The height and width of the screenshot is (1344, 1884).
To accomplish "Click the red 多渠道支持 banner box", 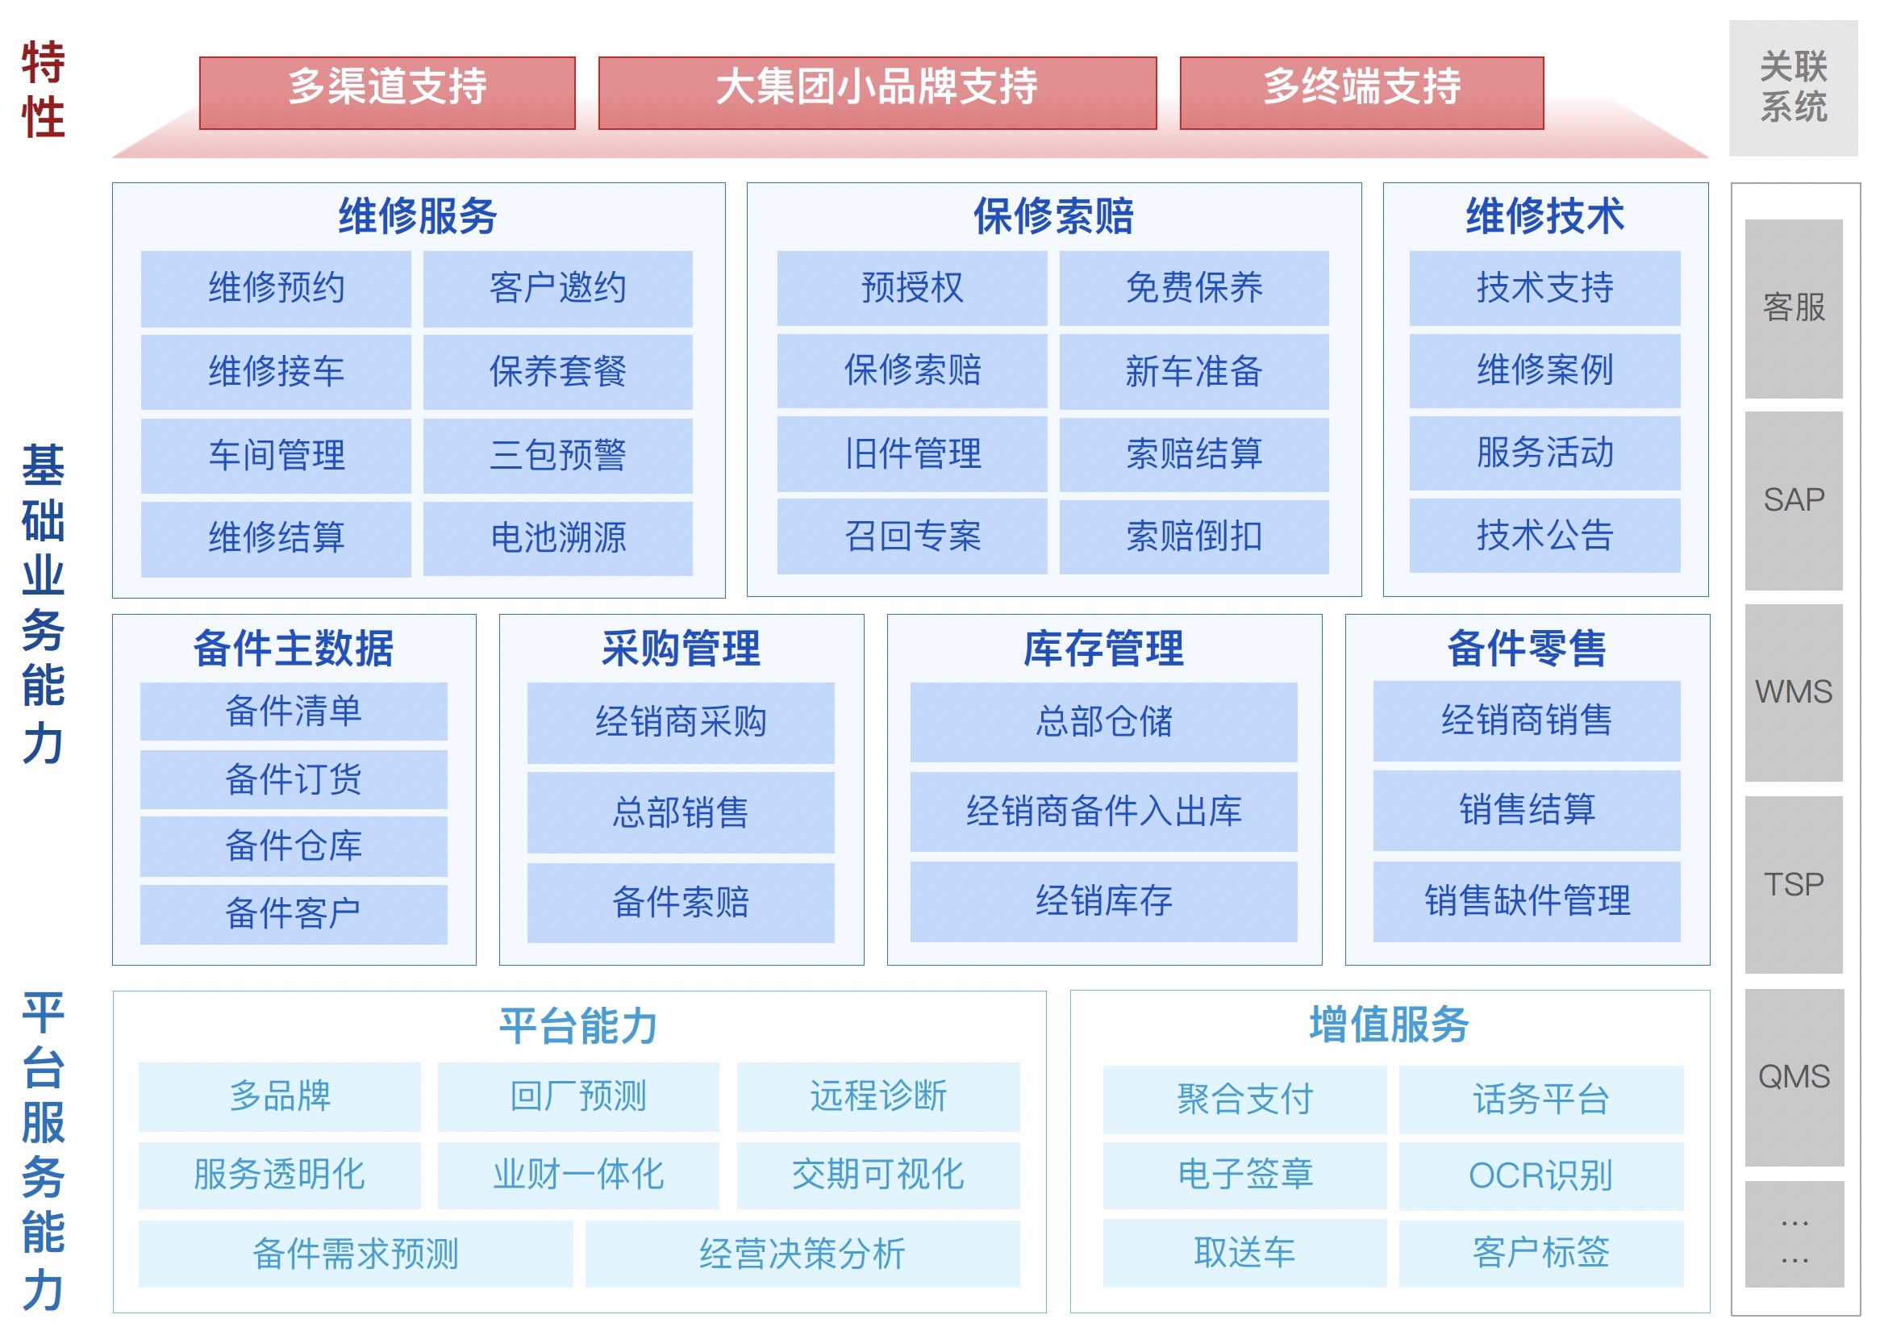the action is pos(387,93).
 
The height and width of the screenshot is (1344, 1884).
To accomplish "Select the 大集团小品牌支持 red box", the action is pos(877,93).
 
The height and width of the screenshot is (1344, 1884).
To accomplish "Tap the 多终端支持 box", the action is pos(1361,93).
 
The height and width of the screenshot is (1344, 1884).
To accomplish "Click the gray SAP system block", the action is pos(1793,501).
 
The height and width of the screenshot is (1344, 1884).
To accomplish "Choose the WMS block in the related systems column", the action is pos(1793,693).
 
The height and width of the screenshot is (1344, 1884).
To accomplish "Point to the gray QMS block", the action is pos(1793,1078).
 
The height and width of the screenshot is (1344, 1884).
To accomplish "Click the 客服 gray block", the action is pos(1793,308).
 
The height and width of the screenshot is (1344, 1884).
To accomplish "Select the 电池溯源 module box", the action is pos(557,538).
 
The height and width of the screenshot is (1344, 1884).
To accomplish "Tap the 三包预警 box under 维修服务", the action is pos(557,455).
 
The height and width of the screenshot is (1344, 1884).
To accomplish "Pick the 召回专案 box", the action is pos(912,536).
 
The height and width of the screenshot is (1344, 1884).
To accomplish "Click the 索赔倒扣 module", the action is pos(1194,536).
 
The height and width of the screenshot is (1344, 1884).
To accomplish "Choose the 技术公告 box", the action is pos(1544,536).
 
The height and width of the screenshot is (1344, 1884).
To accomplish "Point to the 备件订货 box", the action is pos(294,779).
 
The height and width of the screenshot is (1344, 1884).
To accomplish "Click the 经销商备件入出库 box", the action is pos(1104,811).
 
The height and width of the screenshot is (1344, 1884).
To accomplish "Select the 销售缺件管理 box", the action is pos(1527,901).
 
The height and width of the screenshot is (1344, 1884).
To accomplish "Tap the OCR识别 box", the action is pos(1540,1176).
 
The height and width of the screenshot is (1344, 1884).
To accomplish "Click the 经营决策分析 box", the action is pos(802,1254).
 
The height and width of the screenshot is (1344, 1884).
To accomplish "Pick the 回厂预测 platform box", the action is pos(578,1096).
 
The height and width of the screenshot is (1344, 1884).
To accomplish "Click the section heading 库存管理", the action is pos(1104,648).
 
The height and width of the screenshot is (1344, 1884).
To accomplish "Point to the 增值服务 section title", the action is pos(1390,1025).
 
